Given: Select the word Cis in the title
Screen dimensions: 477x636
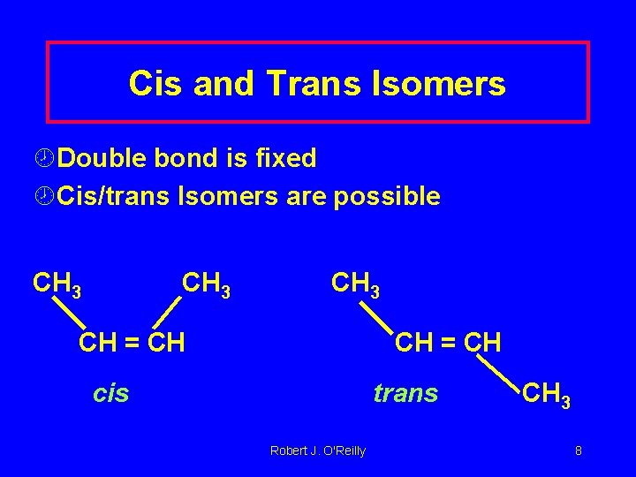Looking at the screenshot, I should (156, 84).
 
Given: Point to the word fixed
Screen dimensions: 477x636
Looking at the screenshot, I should (285, 158).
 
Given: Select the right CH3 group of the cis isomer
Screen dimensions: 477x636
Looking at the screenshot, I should (206, 284).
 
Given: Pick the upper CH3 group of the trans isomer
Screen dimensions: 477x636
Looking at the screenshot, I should (355, 284).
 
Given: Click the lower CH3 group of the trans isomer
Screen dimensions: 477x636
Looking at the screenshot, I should (547, 394).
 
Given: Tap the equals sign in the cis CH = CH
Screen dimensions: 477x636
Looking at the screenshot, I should (132, 341).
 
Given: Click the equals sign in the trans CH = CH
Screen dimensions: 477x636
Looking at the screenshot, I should (448, 341).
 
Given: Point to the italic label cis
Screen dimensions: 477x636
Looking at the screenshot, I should (110, 392).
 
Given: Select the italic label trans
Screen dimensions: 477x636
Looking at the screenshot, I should (405, 392).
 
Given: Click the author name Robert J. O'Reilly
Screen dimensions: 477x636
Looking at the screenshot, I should (318, 451).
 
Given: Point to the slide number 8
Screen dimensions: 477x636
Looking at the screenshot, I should (578, 451).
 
